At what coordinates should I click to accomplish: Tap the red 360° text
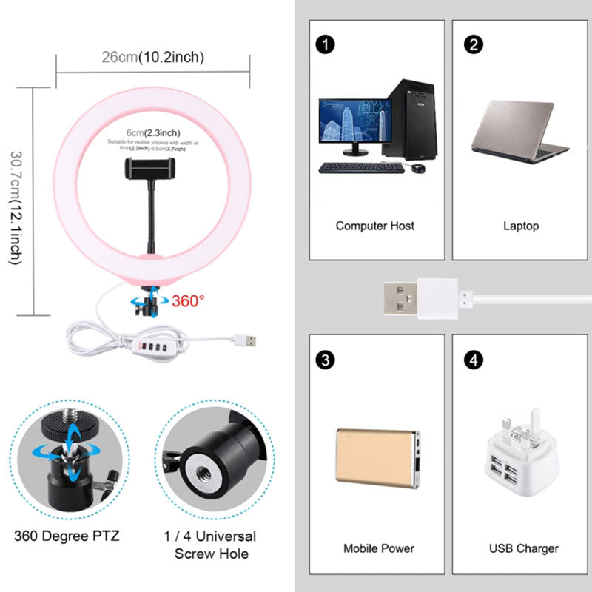[189, 301]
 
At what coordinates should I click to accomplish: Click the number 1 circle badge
[323, 44]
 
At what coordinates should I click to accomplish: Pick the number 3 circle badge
[323, 360]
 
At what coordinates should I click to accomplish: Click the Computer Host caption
[375, 226]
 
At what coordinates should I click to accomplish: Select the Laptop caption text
[522, 226]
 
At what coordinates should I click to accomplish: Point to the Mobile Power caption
[378, 548]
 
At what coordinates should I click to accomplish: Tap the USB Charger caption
[524, 548]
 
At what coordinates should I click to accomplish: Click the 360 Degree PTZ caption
[66, 536]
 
